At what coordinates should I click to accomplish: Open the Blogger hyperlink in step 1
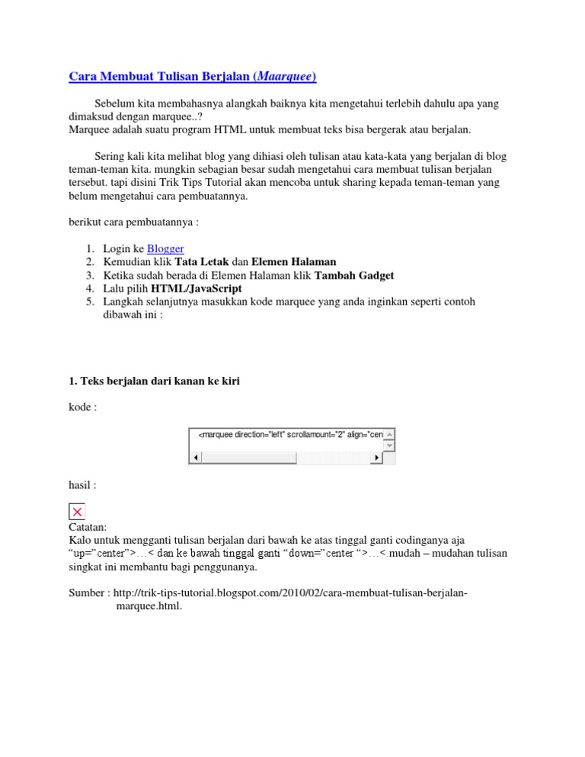coord(165,248)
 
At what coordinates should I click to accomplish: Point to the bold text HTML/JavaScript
coord(197,289)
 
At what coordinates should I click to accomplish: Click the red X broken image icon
coord(77,513)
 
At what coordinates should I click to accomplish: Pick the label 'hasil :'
coord(82,484)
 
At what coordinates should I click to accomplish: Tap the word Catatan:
coord(88,526)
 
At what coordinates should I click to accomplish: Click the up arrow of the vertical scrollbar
coord(389,434)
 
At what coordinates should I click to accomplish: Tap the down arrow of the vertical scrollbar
coord(389,445)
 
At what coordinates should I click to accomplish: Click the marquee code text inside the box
coord(289,435)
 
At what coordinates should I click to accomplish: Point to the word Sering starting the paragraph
coord(111,156)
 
